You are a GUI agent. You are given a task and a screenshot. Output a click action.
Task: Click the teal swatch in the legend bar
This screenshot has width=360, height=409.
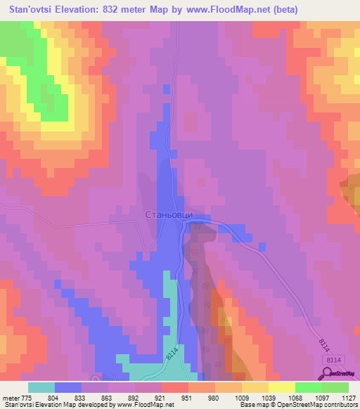click(41, 387)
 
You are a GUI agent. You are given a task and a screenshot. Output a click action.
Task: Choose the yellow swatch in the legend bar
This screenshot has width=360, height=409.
click(255, 387)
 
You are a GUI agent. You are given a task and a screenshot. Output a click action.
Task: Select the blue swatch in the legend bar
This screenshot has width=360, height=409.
click(68, 387)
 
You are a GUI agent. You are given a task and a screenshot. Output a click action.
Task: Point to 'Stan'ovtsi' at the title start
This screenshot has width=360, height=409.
click(30, 10)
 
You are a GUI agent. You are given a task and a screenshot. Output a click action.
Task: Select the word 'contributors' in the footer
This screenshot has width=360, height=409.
click(335, 405)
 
